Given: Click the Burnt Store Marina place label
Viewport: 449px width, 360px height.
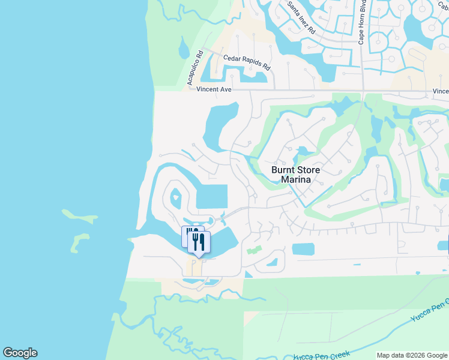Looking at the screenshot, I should pyautogui.click(x=295, y=175).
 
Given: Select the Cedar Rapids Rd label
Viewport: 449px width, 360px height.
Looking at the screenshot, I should pyautogui.click(x=247, y=59).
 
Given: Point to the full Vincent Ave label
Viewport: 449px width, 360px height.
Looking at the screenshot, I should pyautogui.click(x=214, y=89).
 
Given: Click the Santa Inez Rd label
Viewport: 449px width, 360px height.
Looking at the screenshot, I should pyautogui.click(x=301, y=17).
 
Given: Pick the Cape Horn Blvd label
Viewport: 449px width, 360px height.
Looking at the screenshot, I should pyautogui.click(x=363, y=22).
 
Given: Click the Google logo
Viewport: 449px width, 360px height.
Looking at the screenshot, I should pyautogui.click(x=20, y=353).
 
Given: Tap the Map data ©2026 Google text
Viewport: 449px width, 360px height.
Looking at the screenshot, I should pyautogui.click(x=411, y=355).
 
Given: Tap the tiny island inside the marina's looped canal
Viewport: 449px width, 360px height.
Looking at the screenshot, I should pyautogui.click(x=176, y=196).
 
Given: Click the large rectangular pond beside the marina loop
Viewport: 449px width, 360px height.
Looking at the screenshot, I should pyautogui.click(x=212, y=196).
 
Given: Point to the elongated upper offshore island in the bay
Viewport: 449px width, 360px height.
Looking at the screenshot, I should pyautogui.click(x=79, y=215).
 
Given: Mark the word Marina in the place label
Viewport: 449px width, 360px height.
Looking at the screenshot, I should pyautogui.click(x=295, y=179).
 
